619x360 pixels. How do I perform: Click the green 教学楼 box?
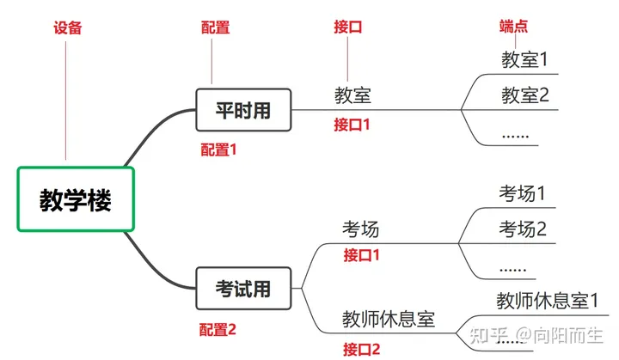76,199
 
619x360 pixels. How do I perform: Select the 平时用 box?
244,110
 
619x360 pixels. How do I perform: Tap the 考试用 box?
243,290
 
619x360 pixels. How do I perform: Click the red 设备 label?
68,27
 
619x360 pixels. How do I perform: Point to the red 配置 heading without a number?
215,27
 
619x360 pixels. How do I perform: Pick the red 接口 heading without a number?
348,27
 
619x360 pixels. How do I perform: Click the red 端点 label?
514,27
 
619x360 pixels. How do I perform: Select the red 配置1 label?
218,149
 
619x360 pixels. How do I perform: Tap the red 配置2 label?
218,329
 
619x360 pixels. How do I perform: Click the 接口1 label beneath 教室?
352,125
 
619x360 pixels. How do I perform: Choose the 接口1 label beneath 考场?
361,255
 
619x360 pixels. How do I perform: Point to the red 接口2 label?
361,349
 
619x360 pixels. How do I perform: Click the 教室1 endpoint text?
524,60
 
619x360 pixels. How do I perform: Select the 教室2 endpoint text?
524,95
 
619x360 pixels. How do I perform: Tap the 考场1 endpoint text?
523,194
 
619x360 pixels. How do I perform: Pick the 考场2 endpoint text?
523,229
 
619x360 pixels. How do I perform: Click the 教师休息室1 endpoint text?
547,302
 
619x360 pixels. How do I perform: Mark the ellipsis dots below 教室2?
515,135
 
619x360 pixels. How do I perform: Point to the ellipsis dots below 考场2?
512,268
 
